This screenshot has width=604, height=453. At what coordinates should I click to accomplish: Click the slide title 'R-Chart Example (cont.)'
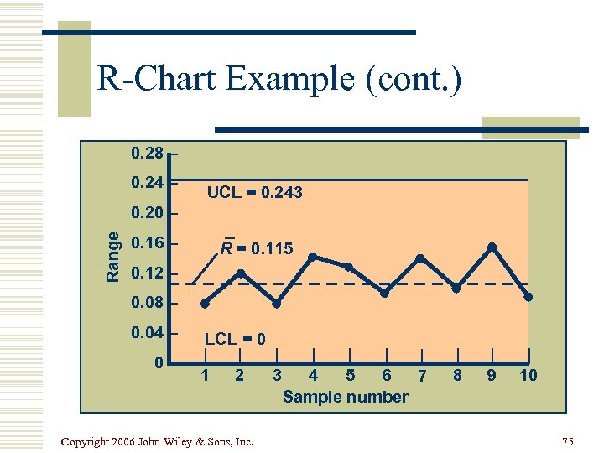click(279, 81)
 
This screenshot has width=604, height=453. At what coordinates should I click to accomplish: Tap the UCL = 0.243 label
click(255, 193)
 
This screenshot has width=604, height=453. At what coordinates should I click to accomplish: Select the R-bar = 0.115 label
click(257, 248)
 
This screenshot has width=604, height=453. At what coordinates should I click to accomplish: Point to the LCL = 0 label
click(236, 339)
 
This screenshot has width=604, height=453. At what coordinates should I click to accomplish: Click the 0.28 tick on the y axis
click(148, 154)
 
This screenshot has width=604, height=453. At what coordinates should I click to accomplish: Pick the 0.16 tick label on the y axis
click(148, 244)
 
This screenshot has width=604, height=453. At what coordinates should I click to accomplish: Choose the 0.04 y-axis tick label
click(148, 333)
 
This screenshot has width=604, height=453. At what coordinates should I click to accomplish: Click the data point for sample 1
click(205, 305)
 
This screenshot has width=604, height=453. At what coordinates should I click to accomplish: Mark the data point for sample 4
click(313, 257)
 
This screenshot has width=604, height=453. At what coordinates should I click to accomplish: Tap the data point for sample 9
click(492, 247)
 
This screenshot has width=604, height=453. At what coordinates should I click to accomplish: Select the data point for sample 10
click(528, 297)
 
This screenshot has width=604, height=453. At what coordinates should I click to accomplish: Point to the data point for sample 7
click(420, 258)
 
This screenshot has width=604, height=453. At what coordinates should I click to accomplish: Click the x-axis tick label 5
click(350, 375)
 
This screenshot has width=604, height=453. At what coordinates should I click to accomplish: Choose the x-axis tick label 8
click(457, 375)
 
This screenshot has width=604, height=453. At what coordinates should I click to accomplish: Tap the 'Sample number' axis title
click(346, 397)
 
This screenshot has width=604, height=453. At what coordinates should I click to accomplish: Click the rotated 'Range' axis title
click(112, 255)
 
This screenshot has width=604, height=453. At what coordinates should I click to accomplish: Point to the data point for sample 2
click(241, 273)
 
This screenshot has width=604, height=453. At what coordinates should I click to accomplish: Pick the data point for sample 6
click(384, 293)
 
